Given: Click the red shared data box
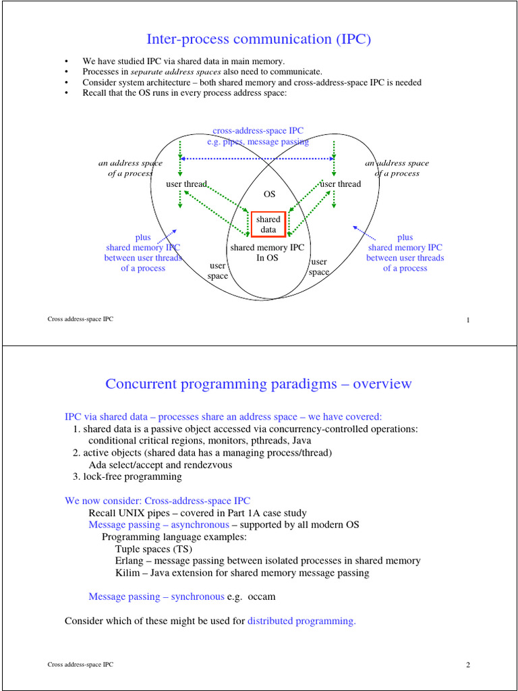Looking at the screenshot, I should (x=268, y=225).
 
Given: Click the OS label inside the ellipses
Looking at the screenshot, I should (x=269, y=194).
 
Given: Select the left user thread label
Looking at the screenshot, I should (x=187, y=184).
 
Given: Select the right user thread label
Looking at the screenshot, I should (x=341, y=184).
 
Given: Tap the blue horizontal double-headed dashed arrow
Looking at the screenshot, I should (x=258, y=159).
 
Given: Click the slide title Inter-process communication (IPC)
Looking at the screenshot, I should (x=259, y=39).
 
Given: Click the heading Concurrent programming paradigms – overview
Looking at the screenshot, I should (x=258, y=384).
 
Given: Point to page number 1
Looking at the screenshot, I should (x=467, y=320).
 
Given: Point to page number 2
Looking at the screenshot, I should (x=467, y=665).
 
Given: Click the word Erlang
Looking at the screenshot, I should (x=128, y=561).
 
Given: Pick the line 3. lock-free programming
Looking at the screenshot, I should (x=127, y=476).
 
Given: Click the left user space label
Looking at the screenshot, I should (x=218, y=271).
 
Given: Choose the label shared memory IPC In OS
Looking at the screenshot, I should (x=268, y=252).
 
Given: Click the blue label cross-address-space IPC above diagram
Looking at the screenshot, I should (x=258, y=131).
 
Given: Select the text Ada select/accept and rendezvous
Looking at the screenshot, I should (x=161, y=464).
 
